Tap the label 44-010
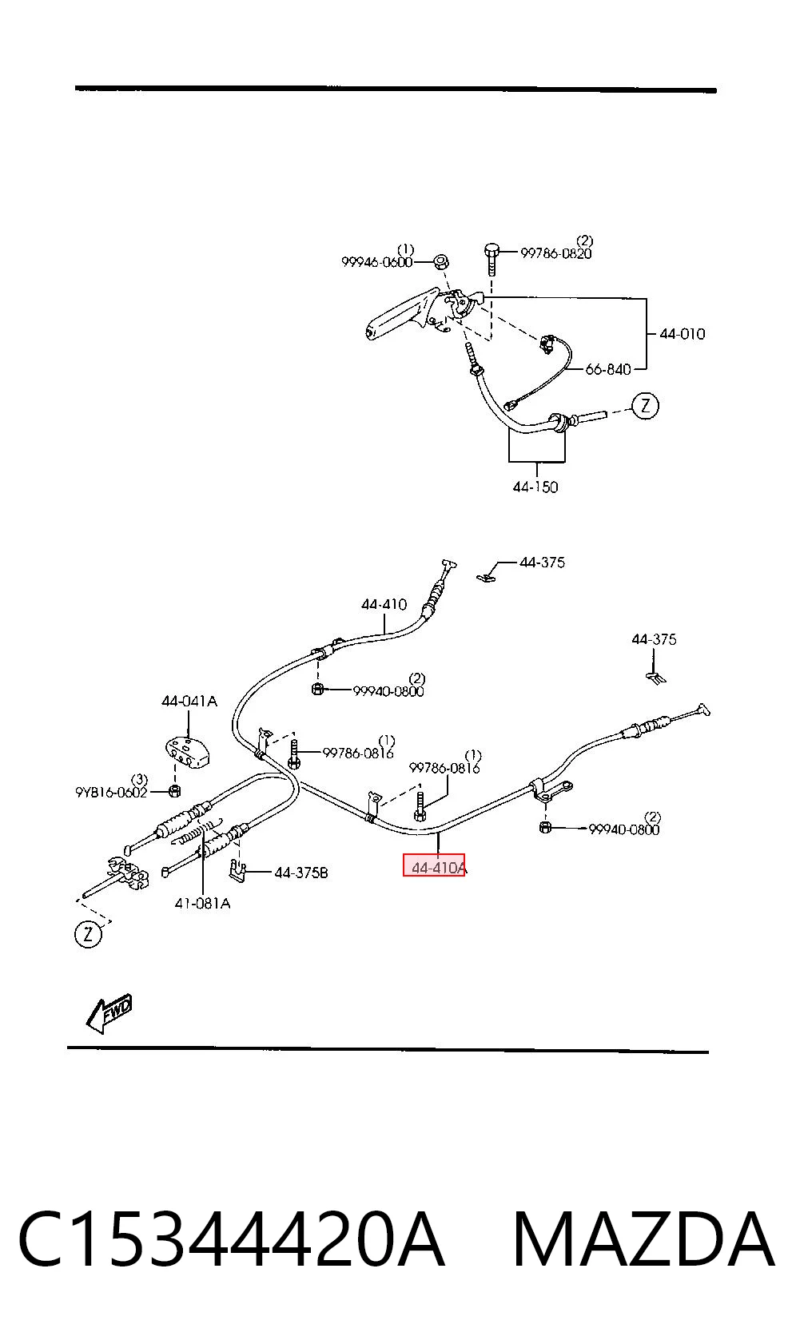pos(683,333)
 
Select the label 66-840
pos(608,370)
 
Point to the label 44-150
pos(535,487)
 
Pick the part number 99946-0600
pos(376,262)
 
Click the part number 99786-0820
pos(555,253)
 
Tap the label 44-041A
pos(189,701)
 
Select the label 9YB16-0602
pos(111,792)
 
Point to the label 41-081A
pos(202,903)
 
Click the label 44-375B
pos(301,873)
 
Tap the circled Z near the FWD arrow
pos(88,933)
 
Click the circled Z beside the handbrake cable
pos(645,406)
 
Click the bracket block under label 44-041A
pos(187,752)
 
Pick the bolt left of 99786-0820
pos(492,259)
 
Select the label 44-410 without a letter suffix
pos(384,604)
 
